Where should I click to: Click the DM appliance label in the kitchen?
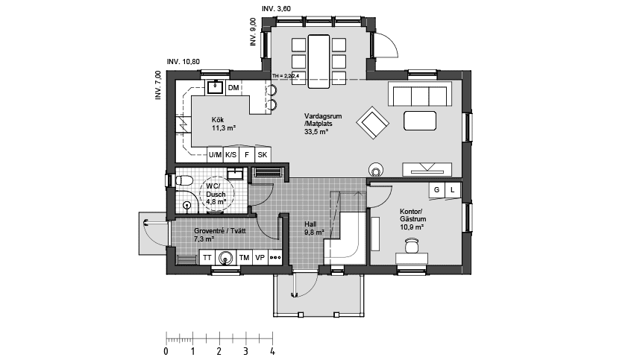pyautogui.click(x=233, y=89)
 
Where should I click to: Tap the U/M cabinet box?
pyautogui.click(x=214, y=154)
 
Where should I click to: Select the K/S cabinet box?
pyautogui.click(x=230, y=154)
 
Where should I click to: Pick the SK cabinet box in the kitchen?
pyautogui.click(x=262, y=154)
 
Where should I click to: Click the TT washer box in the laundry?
pyautogui.click(x=207, y=258)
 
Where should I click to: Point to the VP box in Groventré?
pyautogui.click(x=260, y=258)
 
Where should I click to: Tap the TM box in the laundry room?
pyautogui.click(x=243, y=258)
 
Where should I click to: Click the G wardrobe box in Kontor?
pyautogui.click(x=437, y=191)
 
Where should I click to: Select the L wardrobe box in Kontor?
pyautogui.click(x=453, y=191)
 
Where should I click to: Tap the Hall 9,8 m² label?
pyautogui.click(x=313, y=227)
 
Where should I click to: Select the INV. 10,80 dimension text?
pyautogui.click(x=184, y=62)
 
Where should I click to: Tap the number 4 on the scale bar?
pyautogui.click(x=272, y=350)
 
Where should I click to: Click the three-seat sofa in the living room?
pyautogui.click(x=419, y=95)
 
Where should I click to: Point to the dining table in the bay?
pyautogui.click(x=318, y=60)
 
